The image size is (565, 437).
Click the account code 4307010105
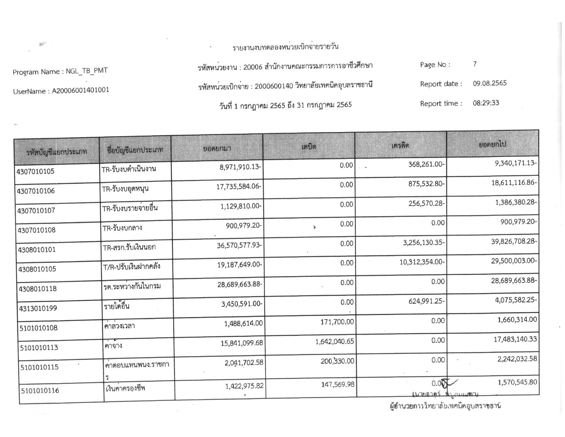(x=36, y=171)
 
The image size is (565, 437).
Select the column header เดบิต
(x=309, y=147)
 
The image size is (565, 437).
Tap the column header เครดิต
(x=400, y=146)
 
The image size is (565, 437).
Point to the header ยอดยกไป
(x=492, y=145)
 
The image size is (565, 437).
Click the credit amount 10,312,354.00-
(x=422, y=262)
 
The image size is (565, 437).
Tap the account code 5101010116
(x=40, y=390)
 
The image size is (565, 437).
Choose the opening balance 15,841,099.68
(x=242, y=342)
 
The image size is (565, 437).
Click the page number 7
(x=475, y=64)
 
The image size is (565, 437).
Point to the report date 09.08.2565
(x=490, y=83)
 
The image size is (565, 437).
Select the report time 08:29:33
(x=486, y=103)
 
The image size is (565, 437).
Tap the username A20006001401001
(x=80, y=90)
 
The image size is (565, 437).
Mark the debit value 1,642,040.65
(x=335, y=342)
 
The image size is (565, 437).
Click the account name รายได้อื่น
(x=116, y=306)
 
